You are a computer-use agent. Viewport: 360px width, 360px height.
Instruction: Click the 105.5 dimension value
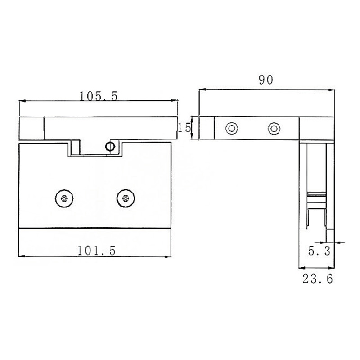point(98,96)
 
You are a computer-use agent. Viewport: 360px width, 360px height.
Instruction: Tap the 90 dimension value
point(266,81)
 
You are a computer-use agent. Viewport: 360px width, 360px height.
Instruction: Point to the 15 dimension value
point(184,128)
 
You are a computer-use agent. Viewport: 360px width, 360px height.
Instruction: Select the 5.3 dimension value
point(320,251)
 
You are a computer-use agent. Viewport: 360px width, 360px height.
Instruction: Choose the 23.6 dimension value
point(317,279)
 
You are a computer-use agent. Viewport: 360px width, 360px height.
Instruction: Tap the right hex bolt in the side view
point(273,128)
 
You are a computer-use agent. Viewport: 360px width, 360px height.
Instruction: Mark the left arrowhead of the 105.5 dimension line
point(22,102)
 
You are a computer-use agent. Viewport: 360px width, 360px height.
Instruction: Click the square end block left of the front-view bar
point(31,128)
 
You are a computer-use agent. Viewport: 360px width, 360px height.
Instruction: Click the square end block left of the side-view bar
point(207,128)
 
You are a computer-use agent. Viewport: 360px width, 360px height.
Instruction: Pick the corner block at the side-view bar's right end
point(317,128)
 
